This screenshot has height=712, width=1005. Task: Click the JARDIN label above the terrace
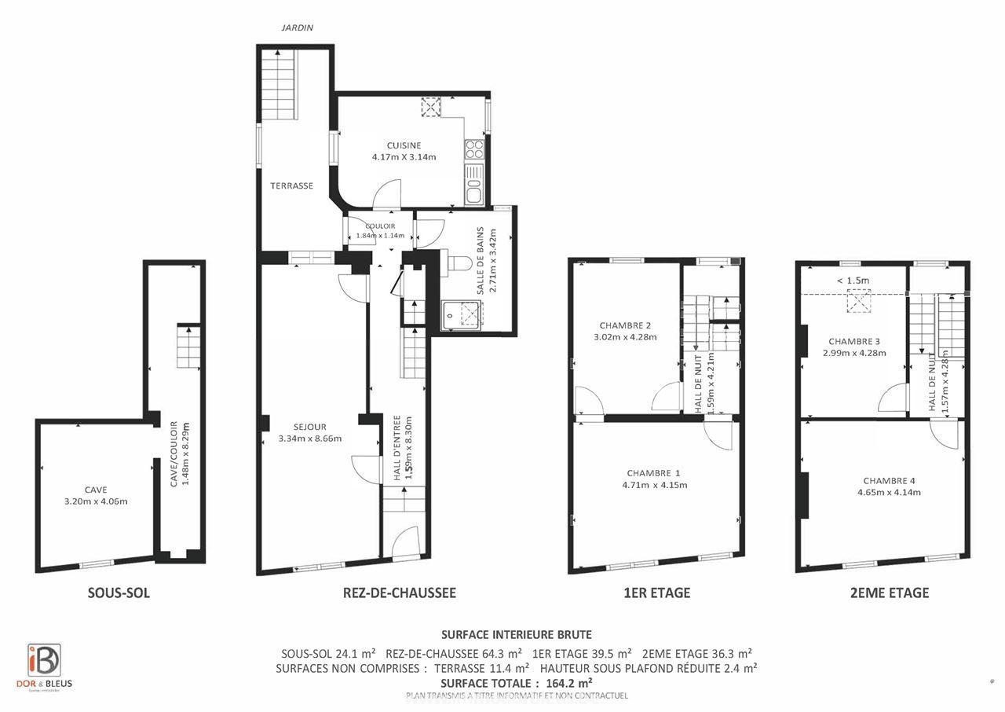pos(298,28)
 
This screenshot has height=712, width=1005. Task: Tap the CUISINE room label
pos(404,145)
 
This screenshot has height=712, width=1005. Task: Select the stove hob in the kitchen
pos(474,149)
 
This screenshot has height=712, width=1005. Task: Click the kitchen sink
pos(473,189)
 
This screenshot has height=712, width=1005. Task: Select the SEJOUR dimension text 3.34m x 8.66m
pos(310,439)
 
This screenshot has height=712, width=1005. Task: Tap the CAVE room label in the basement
pos(96,490)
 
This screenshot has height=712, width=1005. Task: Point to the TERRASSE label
pos(291,186)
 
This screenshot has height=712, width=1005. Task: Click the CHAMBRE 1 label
pos(653,473)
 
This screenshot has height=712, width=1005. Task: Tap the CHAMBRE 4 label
pos(889,481)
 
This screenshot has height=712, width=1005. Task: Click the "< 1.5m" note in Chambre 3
pos(853,281)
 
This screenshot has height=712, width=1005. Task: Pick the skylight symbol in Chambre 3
pos(860,301)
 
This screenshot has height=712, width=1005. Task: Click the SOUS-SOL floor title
pos(119,593)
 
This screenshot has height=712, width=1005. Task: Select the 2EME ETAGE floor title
pos(889,593)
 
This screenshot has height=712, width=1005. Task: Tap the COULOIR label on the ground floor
pos(380,226)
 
